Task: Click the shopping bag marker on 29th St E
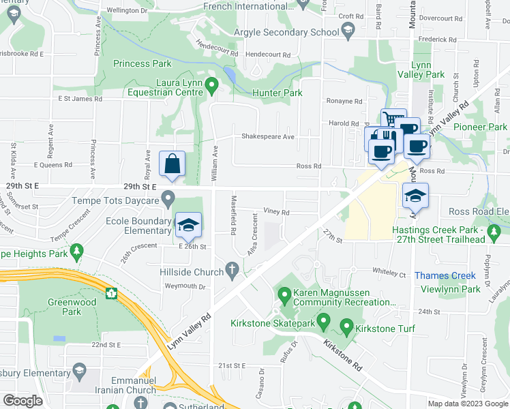point(172,164)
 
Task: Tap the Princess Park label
point(142,64)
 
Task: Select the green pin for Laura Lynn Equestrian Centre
point(211,87)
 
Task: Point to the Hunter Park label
point(277,91)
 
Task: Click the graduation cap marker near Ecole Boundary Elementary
point(189,224)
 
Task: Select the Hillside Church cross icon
point(232,271)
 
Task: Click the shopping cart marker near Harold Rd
point(393,120)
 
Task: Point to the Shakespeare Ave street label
point(268,137)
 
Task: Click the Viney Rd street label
point(276,212)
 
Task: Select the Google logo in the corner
point(23,401)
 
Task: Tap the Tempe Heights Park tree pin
point(77,252)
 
